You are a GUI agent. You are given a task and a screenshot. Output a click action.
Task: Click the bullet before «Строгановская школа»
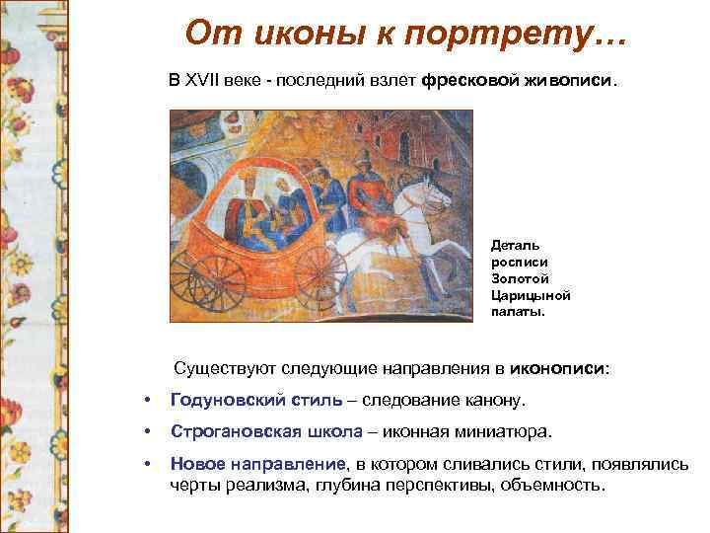click(x=146, y=432)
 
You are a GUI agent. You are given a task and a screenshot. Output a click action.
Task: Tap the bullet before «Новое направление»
click(x=146, y=464)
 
